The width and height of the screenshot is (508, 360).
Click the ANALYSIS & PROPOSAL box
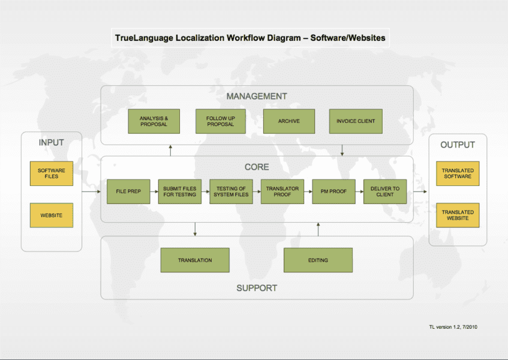pos(154,121)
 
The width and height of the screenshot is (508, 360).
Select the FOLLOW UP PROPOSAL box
pos(221,121)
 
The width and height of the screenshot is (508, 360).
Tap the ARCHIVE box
pos(288,121)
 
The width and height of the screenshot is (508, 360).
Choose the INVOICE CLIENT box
pos(356,121)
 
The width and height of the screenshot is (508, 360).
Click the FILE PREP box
pos(128,191)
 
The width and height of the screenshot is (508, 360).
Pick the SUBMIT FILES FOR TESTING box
pos(180,191)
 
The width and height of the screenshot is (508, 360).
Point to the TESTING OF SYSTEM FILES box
pos(231,191)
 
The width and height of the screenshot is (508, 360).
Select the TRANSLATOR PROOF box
pos(282,191)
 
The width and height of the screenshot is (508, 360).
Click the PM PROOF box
pos(333,191)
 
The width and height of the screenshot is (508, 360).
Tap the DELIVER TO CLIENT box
pos(385,191)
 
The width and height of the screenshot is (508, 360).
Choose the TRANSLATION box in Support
pos(195,260)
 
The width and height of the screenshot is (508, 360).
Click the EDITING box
pos(318,260)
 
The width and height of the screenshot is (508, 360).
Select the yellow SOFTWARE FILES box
pos(52,173)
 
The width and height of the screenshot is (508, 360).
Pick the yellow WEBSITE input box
pos(52,215)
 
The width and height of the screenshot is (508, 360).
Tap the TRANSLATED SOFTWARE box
pos(458,173)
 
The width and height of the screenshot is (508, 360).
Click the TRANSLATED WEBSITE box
pos(458,215)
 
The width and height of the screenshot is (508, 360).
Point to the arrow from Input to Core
pos(91,192)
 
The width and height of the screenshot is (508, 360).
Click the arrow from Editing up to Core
pos(318,229)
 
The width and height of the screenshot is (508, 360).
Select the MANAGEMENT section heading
pos(257,96)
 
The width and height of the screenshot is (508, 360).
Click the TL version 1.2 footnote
pos(453,327)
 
